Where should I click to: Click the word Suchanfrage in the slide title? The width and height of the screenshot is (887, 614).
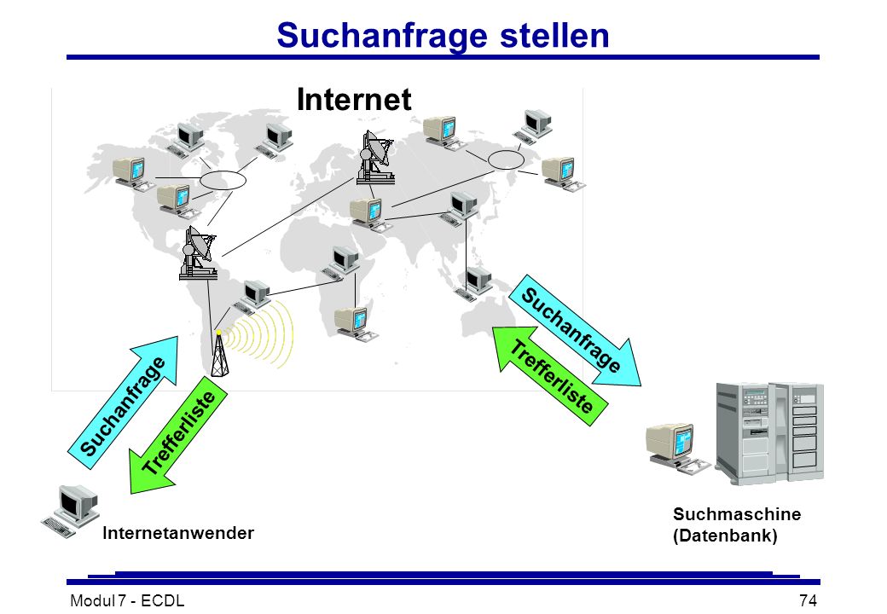(x=382, y=36)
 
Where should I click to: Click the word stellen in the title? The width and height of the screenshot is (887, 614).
(x=554, y=35)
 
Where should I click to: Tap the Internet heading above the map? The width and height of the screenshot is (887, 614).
(x=354, y=100)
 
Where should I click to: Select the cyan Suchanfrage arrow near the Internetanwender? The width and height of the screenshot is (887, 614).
(x=124, y=403)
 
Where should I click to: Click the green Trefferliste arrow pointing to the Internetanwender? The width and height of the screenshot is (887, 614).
(x=177, y=435)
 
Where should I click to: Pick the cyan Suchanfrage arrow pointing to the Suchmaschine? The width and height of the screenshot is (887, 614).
(x=575, y=332)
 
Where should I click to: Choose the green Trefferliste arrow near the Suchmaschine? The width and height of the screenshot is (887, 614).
(x=550, y=376)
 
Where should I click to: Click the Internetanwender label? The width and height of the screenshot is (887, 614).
(x=178, y=533)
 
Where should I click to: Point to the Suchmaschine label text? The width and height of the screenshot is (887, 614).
(x=737, y=514)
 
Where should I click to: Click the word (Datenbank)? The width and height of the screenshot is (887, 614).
(x=725, y=536)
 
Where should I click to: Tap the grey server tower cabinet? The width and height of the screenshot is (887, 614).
(x=769, y=433)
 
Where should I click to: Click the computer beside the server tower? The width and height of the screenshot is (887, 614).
(x=676, y=448)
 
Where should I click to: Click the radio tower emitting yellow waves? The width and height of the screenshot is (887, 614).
(x=219, y=354)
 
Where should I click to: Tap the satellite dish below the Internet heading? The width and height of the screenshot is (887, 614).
(x=375, y=158)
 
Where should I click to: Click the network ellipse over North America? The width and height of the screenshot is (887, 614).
(x=223, y=180)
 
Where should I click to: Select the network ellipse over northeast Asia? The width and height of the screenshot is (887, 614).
(x=506, y=160)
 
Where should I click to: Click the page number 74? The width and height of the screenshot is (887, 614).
(x=809, y=600)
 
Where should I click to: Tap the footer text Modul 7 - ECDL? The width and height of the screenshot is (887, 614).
(x=127, y=600)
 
